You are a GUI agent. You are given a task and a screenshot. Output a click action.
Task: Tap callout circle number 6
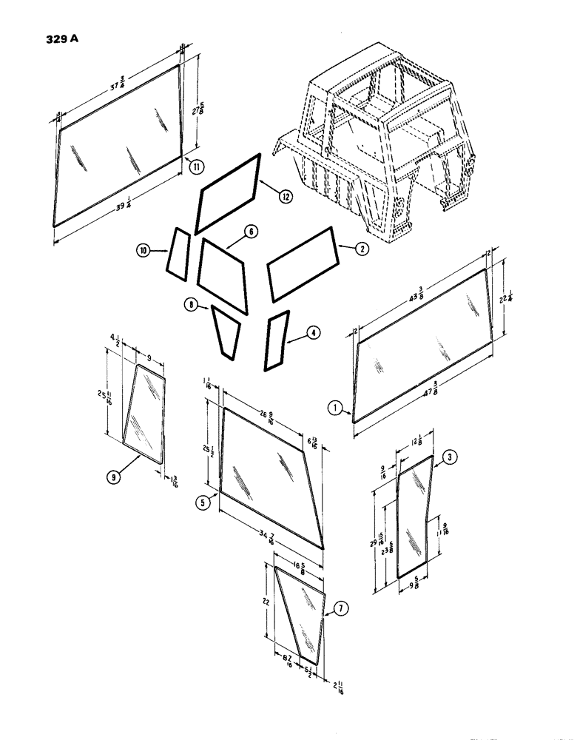click(252, 232)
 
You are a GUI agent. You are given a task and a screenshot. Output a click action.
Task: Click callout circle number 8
click(192, 304)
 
